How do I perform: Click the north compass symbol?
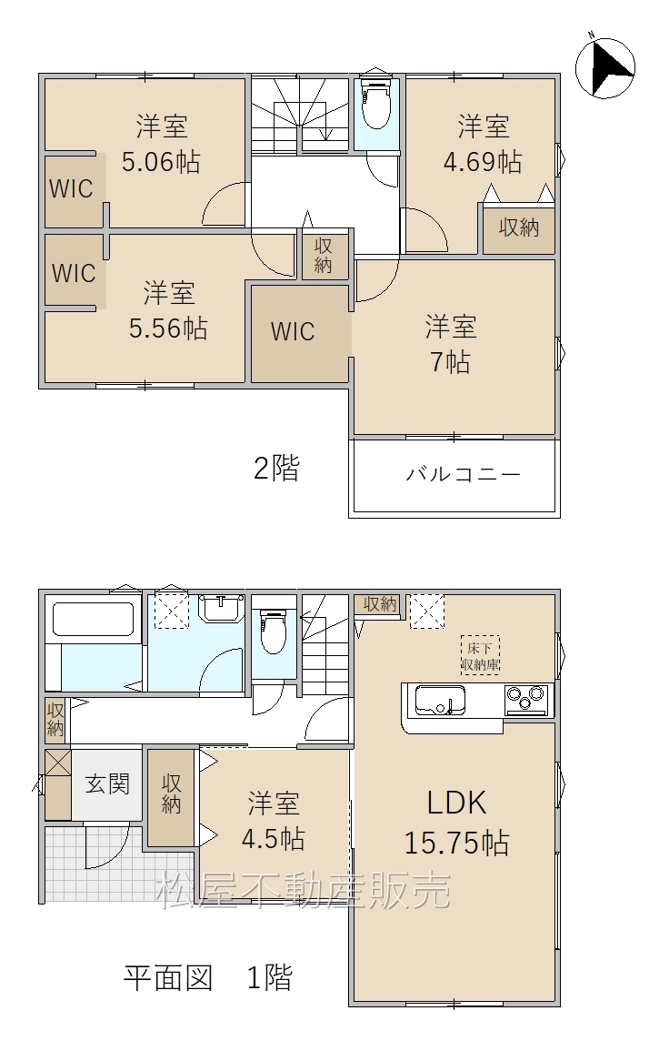coord(604,67)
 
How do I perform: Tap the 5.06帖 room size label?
coord(161,161)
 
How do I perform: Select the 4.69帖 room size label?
coord(483,161)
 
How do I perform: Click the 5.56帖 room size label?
coord(168,328)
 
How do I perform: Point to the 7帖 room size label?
coord(451,362)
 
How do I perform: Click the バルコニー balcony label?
coord(463,474)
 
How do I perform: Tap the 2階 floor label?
coord(276,468)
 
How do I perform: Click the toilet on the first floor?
coord(274,632)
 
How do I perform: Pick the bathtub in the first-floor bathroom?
coord(94,620)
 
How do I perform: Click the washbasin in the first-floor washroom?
coord(222,608)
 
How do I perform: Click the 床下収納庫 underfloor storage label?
coord(480,655)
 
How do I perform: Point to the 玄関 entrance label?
coord(106,784)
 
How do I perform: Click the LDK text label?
coord(456,803)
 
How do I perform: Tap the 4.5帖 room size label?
coord(274,839)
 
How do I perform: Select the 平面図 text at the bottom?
coord(168,978)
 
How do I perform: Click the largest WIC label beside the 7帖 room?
coord(293,331)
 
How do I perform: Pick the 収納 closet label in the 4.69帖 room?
coord(519,227)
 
